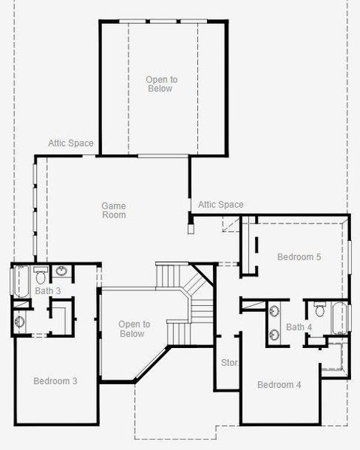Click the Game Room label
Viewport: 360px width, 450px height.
tap(114, 211)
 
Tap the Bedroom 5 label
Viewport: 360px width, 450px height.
tap(298, 257)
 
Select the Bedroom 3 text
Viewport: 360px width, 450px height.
tap(55, 381)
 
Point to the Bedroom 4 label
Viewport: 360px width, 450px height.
tap(279, 385)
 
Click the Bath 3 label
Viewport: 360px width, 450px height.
tap(47, 290)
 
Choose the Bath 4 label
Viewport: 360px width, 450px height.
tap(298, 327)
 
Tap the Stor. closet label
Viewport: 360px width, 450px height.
tap(229, 363)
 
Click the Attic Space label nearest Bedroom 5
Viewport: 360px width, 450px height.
tap(220, 205)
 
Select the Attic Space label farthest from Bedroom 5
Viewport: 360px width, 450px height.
tap(70, 143)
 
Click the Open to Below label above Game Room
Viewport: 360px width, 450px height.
tap(159, 83)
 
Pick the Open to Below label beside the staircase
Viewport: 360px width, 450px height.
tap(134, 329)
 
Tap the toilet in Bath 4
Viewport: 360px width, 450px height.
tap(319, 309)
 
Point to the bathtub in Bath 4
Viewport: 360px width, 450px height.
tap(339, 318)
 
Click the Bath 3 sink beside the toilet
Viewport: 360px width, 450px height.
tap(61, 271)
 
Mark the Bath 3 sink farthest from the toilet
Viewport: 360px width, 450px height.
tap(20, 322)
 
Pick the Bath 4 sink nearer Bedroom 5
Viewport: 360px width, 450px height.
tap(274, 309)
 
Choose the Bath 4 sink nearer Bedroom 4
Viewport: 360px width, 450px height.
tap(274, 334)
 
